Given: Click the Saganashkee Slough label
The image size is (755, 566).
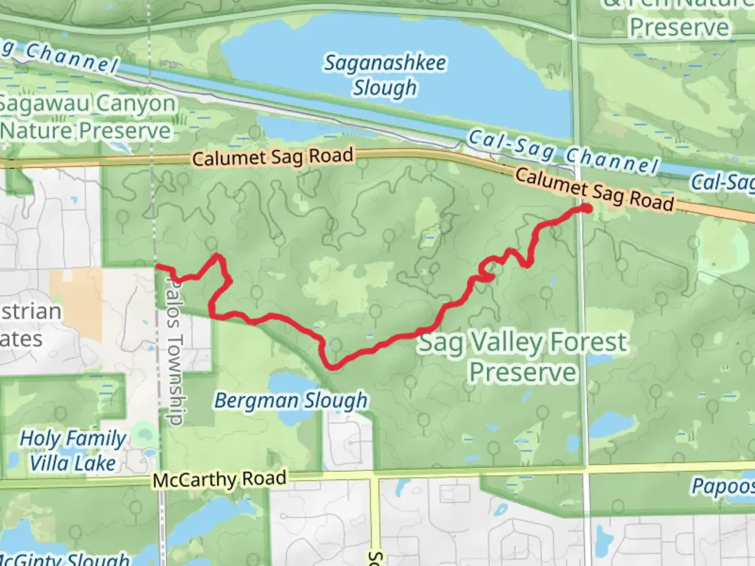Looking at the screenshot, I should click(x=385, y=75).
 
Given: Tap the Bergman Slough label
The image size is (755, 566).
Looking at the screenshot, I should click(x=291, y=401).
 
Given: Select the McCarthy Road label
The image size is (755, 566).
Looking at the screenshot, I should click(x=220, y=480).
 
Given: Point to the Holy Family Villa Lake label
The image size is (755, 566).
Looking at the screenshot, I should click(x=73, y=451).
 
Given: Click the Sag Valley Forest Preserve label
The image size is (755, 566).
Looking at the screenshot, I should click(x=523, y=357).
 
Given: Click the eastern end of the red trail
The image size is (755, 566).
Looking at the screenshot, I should click(x=587, y=209).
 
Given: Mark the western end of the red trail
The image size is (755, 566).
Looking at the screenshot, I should click(x=157, y=267).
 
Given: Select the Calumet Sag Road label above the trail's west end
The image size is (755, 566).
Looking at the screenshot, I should click(x=273, y=157).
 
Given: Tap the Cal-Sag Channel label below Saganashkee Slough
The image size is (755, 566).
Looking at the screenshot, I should click(x=563, y=153).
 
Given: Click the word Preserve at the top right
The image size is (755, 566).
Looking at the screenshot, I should click(x=679, y=27).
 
